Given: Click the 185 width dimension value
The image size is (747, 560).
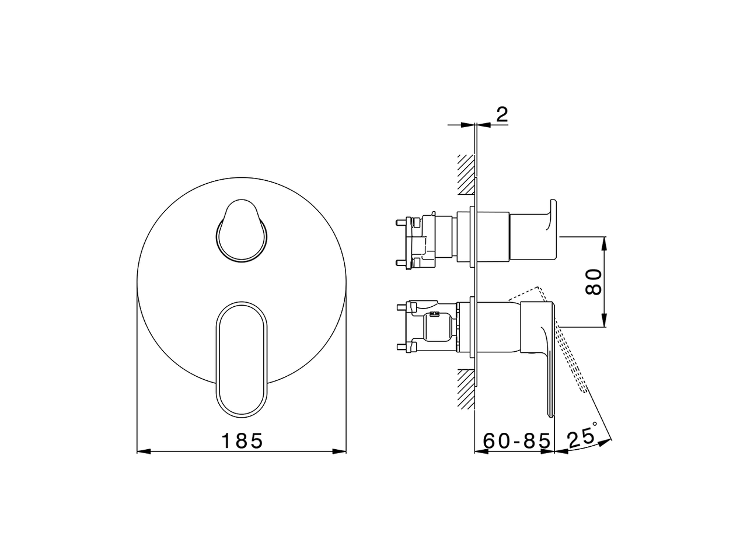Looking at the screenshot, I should [x=242, y=440].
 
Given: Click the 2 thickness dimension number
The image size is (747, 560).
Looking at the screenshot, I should [x=501, y=115].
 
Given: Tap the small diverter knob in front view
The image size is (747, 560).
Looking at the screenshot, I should [x=242, y=231].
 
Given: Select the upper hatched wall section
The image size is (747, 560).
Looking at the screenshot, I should [x=466, y=174].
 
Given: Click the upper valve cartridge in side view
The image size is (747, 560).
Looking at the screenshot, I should [x=429, y=241].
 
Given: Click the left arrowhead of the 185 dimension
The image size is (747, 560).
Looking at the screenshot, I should [x=142, y=451].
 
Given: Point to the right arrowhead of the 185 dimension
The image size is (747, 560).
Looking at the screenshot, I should [x=343, y=451].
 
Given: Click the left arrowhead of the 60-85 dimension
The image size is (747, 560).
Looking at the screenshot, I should [x=480, y=451].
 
